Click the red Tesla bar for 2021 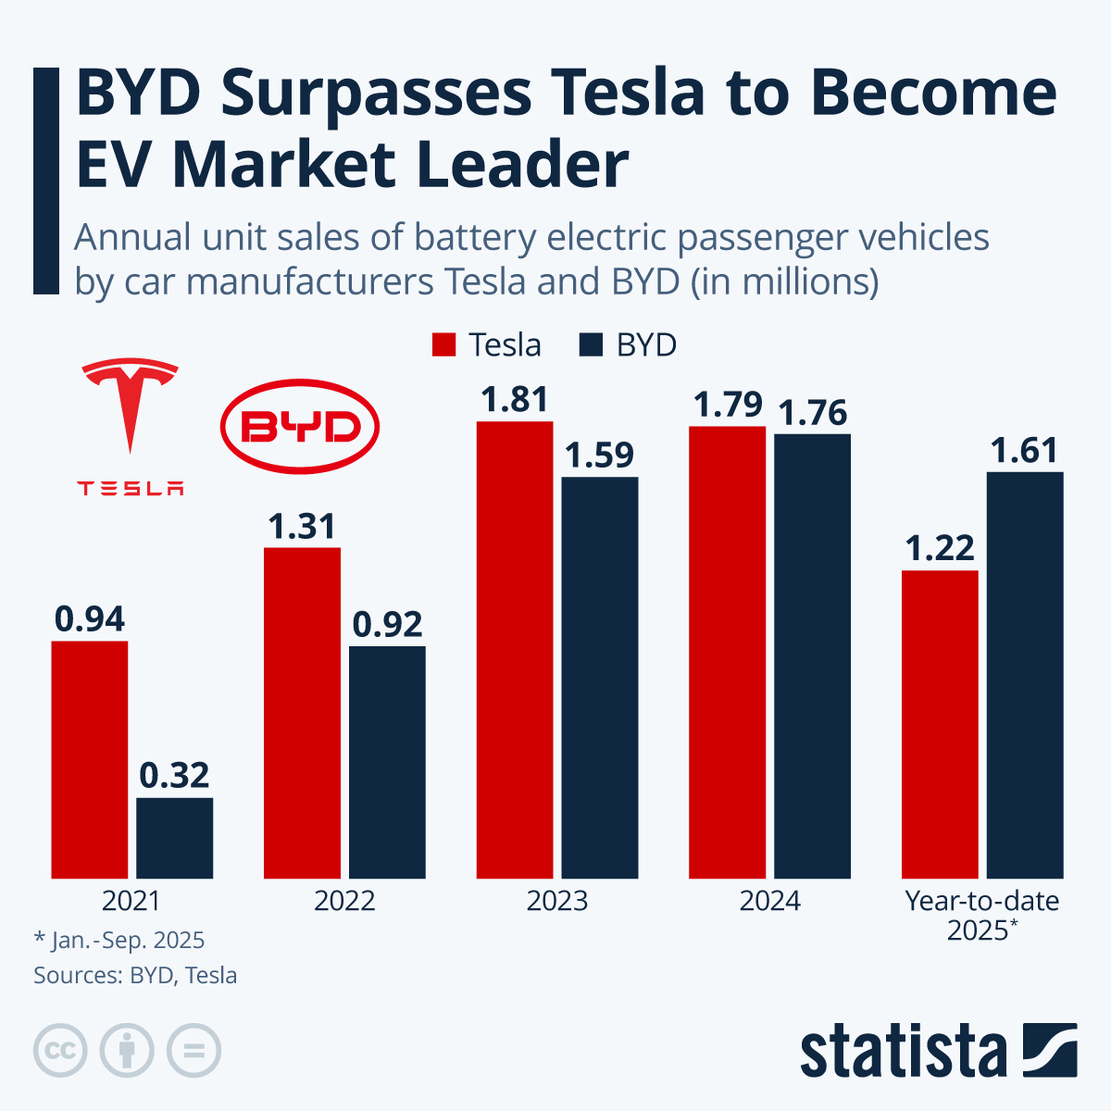click(90, 759)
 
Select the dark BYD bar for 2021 click(175, 838)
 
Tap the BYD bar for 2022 click(387, 762)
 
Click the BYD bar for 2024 click(812, 655)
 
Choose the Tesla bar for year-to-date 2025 click(940, 724)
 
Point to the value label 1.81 click(515, 400)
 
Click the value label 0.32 click(175, 776)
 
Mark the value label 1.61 click(1024, 451)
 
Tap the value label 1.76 click(813, 413)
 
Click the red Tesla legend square click(444, 345)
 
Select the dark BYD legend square click(592, 345)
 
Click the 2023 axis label click(557, 901)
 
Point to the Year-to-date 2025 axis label click(981, 915)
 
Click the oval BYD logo click(300, 427)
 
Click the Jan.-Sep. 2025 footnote click(119, 941)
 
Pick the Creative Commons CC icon click(60, 1051)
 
